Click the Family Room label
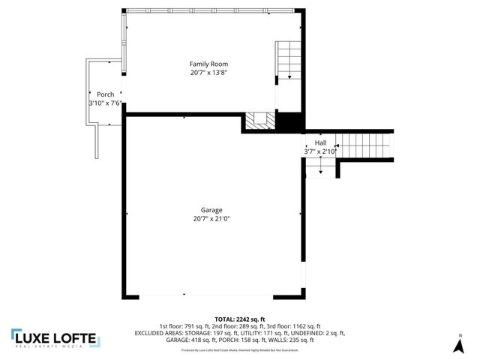(208, 64)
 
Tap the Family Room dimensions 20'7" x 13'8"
(208, 73)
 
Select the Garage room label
(211, 210)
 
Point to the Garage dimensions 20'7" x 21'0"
(211, 219)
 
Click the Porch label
(105, 94)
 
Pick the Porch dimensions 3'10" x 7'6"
(106, 103)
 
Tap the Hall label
(320, 142)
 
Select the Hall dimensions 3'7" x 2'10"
(320, 151)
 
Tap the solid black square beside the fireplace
(289, 121)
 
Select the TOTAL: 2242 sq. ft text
(239, 319)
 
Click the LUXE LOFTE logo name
(62, 338)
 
